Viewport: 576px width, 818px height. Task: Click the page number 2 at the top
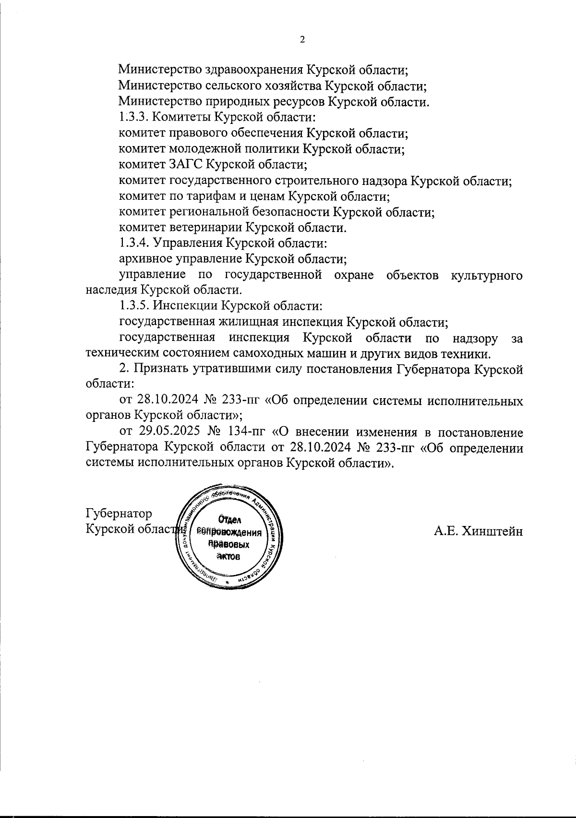pos(302,40)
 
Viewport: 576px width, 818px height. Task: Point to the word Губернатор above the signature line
pos(119,513)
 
